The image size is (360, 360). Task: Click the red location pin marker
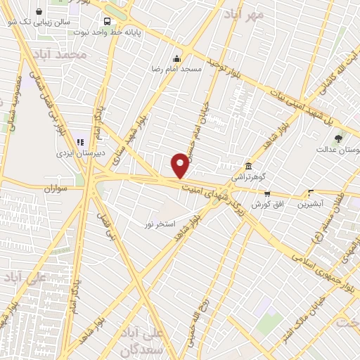point(180,165)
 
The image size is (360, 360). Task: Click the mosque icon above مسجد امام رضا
point(176,59)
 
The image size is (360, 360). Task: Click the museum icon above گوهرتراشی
point(249,166)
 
